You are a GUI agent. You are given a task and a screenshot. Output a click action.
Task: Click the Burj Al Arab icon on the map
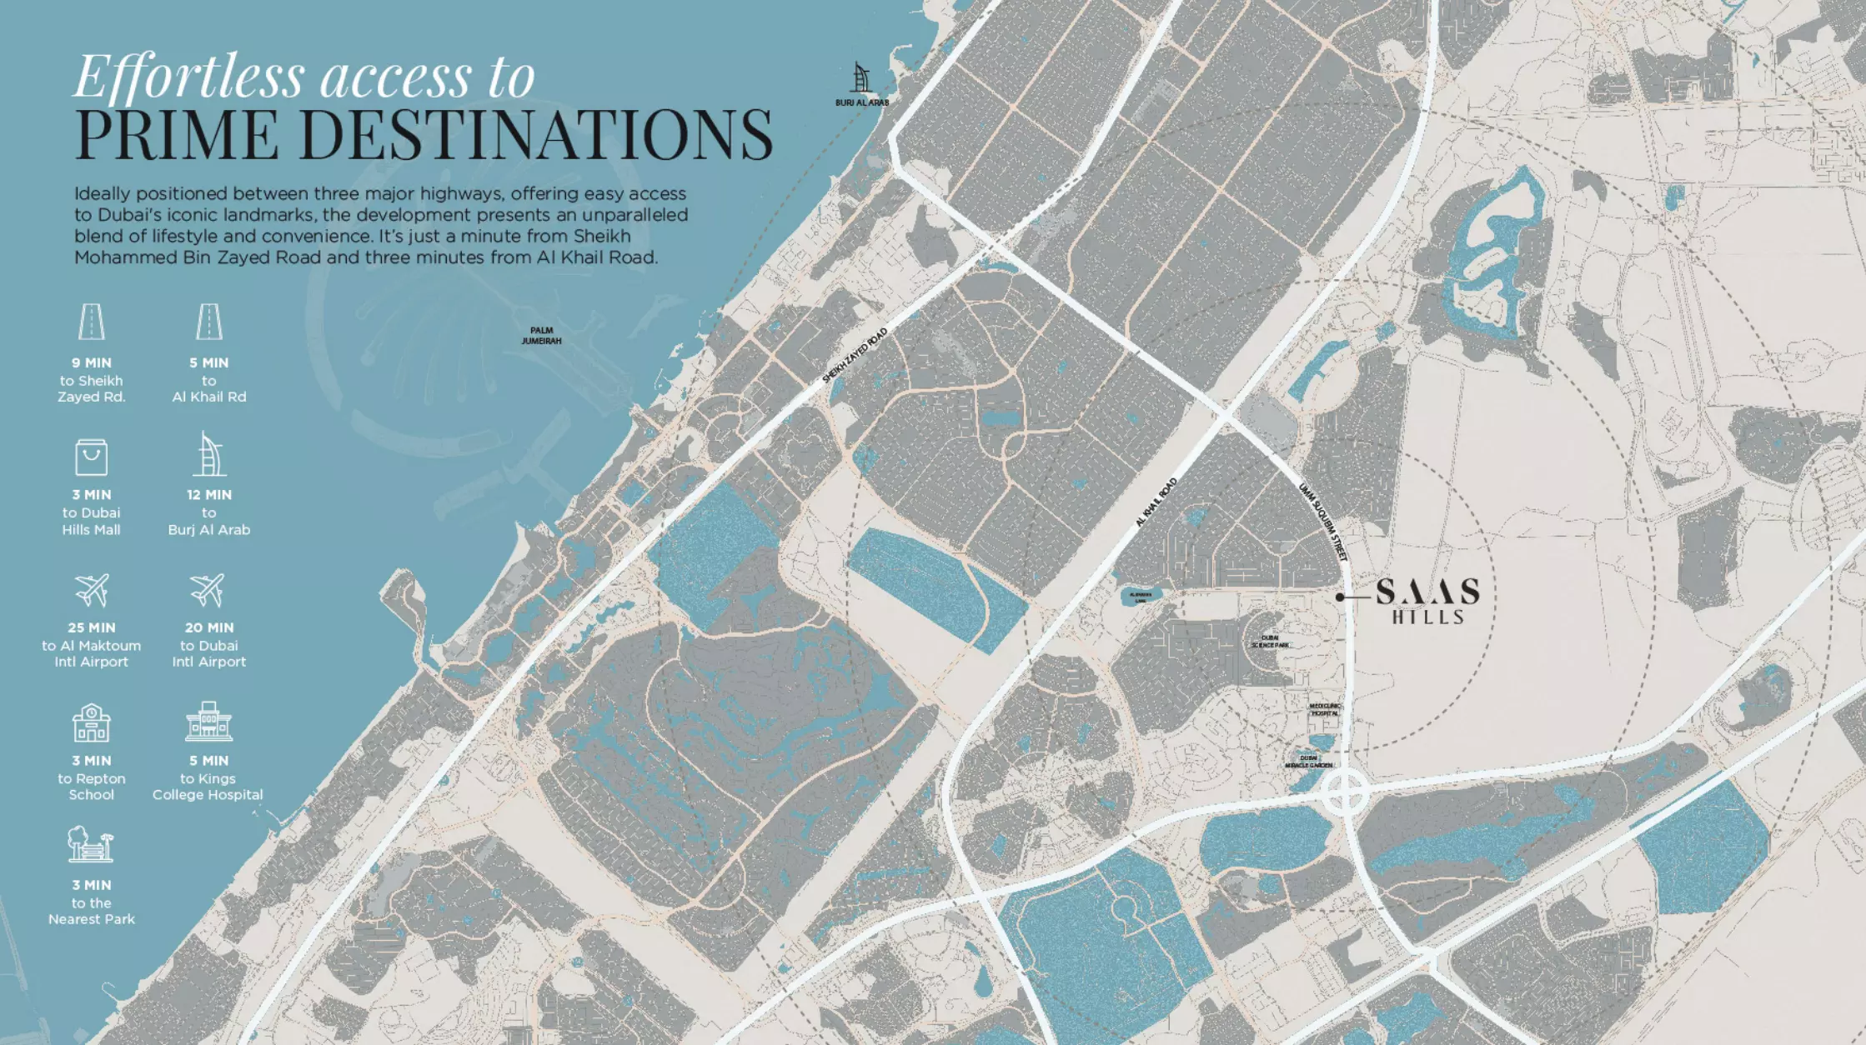point(861,78)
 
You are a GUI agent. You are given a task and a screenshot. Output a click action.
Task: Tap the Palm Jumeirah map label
point(541,336)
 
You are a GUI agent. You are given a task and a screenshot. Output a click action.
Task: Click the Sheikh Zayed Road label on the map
point(855,356)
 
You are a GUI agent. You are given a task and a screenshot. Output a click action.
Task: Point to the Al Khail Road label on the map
point(1156,502)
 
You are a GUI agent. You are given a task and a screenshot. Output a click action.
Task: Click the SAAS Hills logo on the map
point(1427,600)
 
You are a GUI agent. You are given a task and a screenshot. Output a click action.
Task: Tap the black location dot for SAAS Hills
point(1340,597)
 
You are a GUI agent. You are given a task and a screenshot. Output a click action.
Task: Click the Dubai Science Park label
point(1270,641)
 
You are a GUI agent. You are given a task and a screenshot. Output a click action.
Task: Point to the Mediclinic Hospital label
point(1325,709)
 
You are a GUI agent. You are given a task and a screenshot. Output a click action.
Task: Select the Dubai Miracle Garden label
point(1309,762)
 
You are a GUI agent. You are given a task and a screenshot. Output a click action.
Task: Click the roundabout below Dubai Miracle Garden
point(1344,792)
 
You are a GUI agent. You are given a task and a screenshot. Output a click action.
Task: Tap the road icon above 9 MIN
point(91,322)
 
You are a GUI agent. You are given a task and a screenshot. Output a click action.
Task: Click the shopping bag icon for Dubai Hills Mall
point(91,457)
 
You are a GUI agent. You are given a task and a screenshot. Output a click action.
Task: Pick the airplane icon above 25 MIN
point(92,590)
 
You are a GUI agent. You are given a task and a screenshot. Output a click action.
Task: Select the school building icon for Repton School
point(91,722)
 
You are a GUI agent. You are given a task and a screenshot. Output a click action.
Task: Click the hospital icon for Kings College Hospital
point(208,722)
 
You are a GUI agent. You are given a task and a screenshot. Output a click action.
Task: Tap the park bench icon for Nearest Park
point(90,845)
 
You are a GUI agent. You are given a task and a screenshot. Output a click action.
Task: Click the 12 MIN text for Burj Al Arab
point(208,495)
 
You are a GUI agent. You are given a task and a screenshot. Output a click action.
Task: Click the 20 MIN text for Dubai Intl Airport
point(208,627)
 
